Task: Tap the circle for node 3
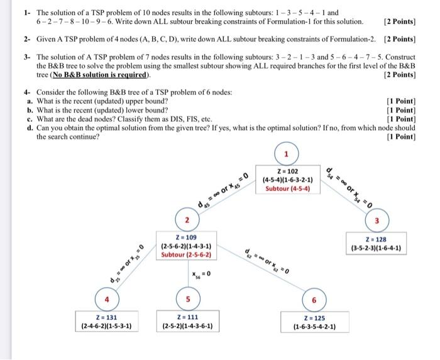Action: [x=377, y=220]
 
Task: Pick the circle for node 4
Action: [x=106, y=298]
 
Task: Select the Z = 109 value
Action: [x=186, y=237]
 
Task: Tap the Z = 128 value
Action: [x=377, y=239]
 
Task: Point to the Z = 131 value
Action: [x=106, y=317]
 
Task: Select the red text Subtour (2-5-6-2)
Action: [x=186, y=254]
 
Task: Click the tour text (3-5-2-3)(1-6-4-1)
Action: [x=377, y=248]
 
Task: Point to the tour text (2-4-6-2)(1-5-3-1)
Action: [x=106, y=326]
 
